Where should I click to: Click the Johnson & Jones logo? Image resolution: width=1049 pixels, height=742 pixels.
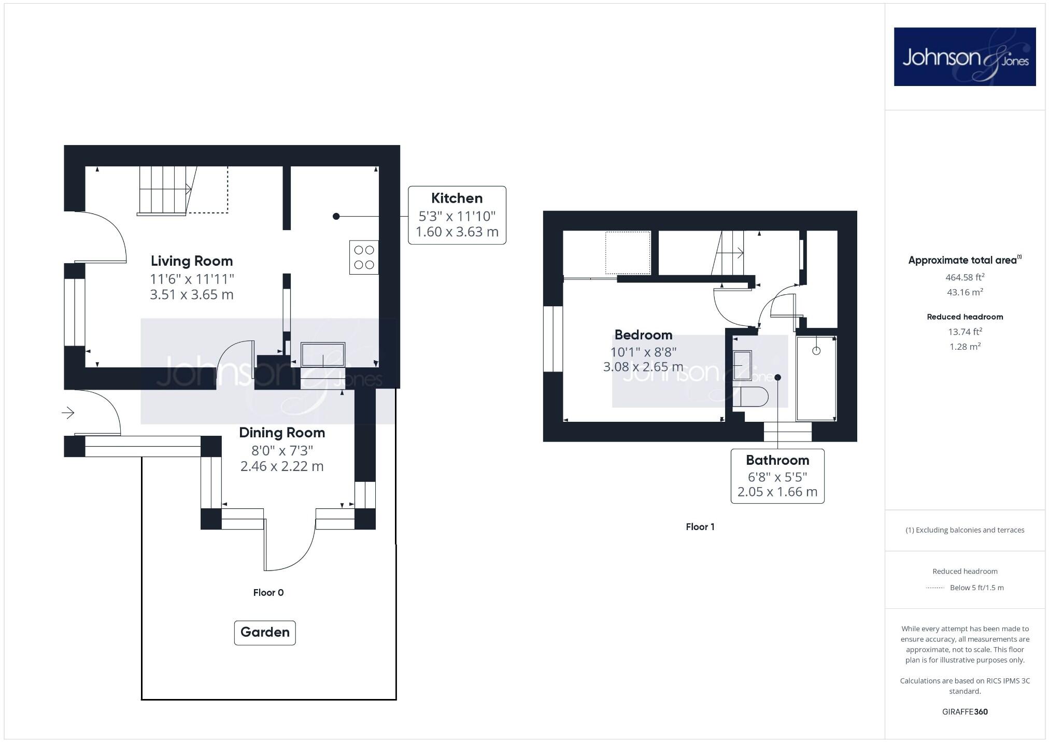tap(965, 56)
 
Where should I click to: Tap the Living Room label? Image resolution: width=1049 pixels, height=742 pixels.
tap(192, 261)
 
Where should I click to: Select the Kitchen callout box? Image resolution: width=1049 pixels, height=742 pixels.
tap(457, 215)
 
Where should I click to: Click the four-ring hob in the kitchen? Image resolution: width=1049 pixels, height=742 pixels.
tap(364, 258)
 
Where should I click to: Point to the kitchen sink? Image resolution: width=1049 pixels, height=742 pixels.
tap(323, 354)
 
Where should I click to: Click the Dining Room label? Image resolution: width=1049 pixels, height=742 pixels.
tap(282, 433)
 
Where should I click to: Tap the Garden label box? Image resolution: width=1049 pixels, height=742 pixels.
tap(265, 632)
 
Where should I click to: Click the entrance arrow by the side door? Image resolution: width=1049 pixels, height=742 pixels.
tap(68, 412)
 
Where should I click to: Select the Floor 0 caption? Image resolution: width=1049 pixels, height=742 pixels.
tap(268, 593)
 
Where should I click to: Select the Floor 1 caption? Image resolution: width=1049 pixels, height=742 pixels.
tap(700, 527)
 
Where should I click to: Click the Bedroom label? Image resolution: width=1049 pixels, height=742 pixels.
tap(643, 335)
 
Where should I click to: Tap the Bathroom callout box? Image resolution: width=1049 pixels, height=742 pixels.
tap(777, 476)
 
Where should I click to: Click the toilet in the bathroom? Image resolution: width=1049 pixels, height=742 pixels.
tap(750, 397)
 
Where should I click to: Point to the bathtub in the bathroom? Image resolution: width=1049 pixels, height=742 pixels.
tap(816, 378)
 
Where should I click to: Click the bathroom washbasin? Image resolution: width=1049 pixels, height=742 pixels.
tap(742, 365)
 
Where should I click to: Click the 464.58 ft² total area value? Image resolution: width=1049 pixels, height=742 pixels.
tap(965, 277)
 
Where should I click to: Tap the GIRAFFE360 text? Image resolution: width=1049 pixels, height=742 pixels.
tap(965, 712)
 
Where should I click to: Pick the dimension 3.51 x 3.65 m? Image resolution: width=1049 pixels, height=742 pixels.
tap(192, 295)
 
